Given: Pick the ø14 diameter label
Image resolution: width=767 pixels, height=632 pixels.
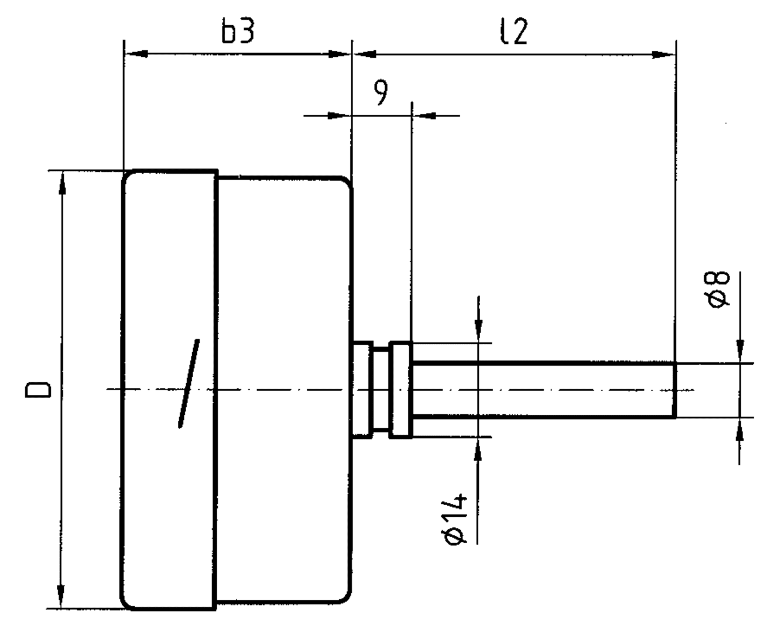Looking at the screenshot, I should click(x=457, y=519).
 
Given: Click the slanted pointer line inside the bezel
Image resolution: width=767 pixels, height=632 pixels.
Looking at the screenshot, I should click(x=189, y=383).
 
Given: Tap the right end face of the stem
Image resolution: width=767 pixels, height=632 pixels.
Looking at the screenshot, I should click(x=674, y=390).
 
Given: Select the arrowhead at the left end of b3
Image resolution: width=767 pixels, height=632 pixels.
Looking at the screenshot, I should click(x=135, y=54).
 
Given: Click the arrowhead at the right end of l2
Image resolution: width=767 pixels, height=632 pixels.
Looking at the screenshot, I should click(x=664, y=55).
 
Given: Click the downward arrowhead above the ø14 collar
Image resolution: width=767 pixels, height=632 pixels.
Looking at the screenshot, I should click(x=479, y=331).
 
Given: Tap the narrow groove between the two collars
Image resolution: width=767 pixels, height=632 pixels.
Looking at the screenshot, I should click(x=381, y=390).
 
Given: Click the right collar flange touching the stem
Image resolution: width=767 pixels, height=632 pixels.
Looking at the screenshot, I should click(x=402, y=390).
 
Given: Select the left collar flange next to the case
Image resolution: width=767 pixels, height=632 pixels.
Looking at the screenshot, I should click(x=362, y=390).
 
